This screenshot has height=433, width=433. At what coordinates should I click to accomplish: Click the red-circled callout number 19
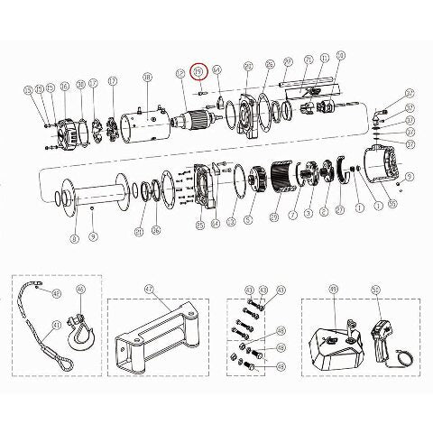pyautogui.click(x=200, y=71)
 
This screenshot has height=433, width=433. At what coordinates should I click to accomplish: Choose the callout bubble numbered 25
pyautogui.click(x=199, y=224)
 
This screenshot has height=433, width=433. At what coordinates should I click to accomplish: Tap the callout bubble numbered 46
pyautogui.click(x=79, y=290)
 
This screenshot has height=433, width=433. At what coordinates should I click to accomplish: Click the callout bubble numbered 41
pyautogui.click(x=56, y=325)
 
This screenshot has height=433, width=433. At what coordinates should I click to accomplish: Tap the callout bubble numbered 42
pyautogui.click(x=56, y=293)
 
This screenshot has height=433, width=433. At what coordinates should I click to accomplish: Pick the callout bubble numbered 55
pyautogui.click(x=29, y=91)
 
